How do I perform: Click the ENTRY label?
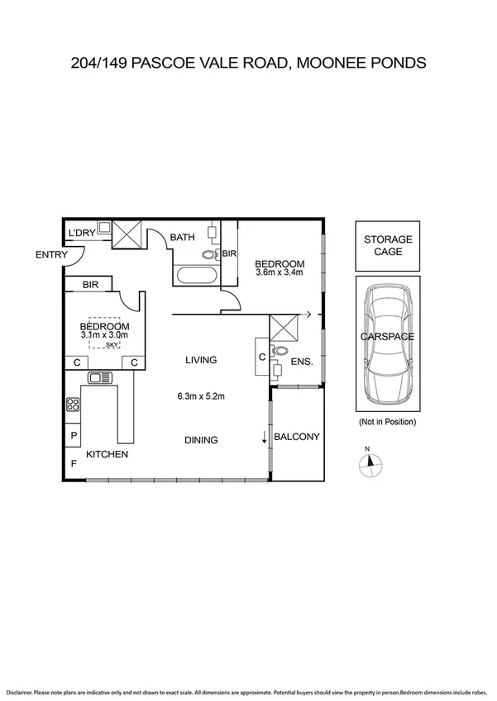pyautogui.click(x=51, y=255)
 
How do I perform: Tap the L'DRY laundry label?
pyautogui.click(x=83, y=234)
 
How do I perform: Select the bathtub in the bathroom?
pyautogui.click(x=196, y=275)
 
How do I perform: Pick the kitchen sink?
pyautogui.click(x=100, y=378)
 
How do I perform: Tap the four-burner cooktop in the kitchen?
pyautogui.click(x=73, y=405)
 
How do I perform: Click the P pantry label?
pyautogui.click(x=74, y=436)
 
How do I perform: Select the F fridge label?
pyautogui.click(x=73, y=463)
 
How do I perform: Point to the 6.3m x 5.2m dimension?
pyautogui.click(x=201, y=396)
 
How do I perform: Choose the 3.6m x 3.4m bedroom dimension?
pyautogui.click(x=280, y=272)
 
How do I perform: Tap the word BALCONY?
pyautogui.click(x=296, y=437)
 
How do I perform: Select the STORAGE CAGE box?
pyautogui.click(x=388, y=245)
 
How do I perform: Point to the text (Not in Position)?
pyautogui.click(x=387, y=422)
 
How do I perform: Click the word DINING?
pyautogui.click(x=201, y=440)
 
